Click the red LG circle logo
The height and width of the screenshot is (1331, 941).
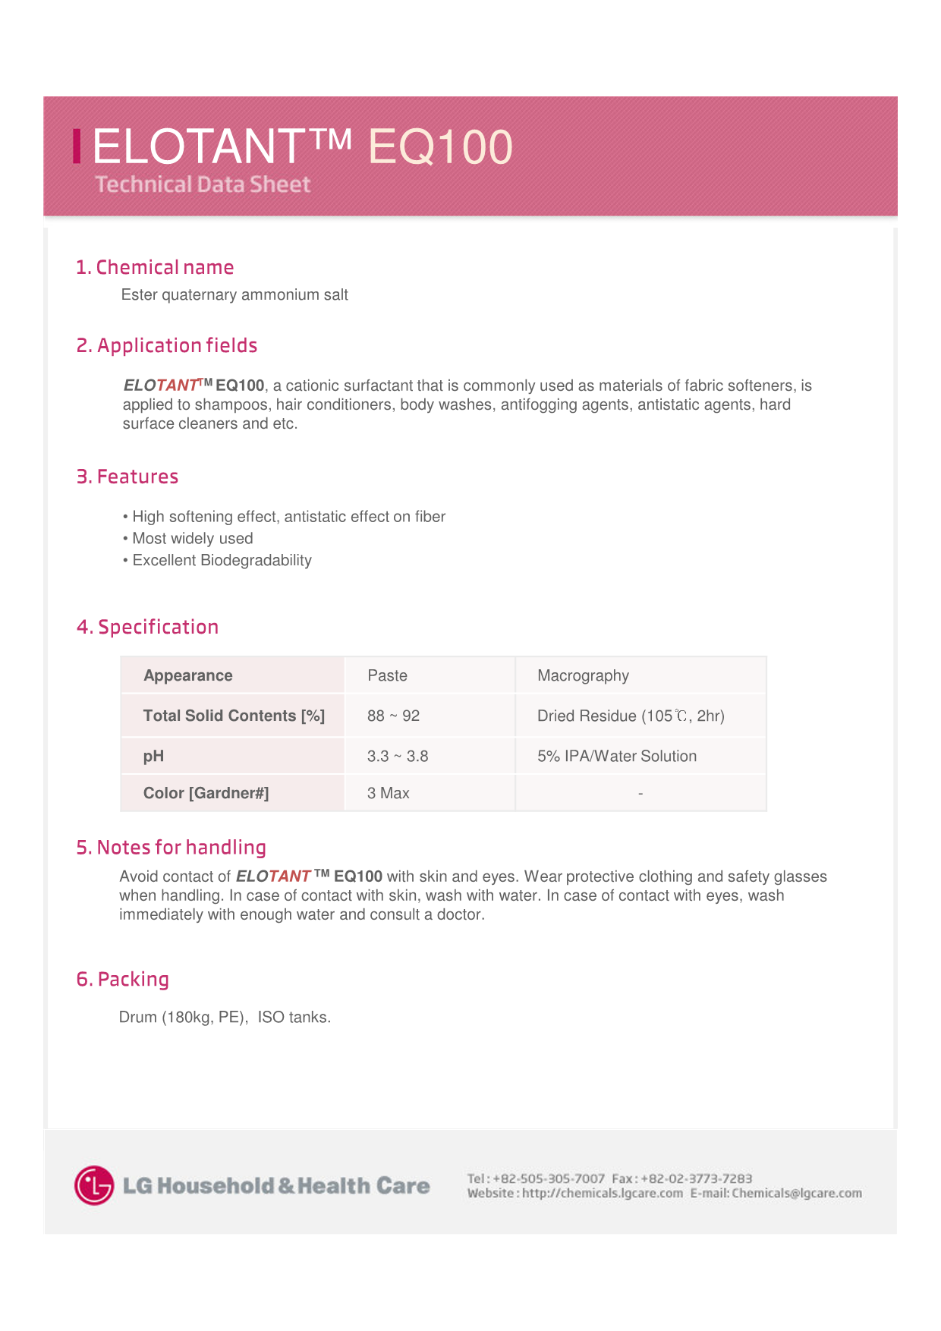tap(94, 1185)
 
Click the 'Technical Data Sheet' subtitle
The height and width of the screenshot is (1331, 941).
tap(203, 184)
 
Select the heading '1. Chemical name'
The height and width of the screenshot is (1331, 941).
tap(155, 267)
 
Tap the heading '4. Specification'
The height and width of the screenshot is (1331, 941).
tap(147, 627)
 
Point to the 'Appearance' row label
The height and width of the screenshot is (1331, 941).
tap(188, 675)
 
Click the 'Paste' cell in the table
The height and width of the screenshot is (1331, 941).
tap(387, 675)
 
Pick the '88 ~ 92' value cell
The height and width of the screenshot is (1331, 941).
tap(393, 716)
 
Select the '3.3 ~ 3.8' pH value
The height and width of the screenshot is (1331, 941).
tap(398, 756)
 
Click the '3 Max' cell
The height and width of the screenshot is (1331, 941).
tap(388, 793)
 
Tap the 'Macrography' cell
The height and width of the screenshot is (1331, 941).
tap(583, 675)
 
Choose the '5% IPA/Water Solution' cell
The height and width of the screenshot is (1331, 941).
tap(617, 756)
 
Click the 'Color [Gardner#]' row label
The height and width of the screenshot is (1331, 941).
tap(206, 793)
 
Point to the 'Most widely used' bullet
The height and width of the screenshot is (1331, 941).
tap(193, 538)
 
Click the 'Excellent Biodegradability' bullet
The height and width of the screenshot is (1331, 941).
tap(222, 560)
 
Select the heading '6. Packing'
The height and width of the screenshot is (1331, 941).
tap(123, 979)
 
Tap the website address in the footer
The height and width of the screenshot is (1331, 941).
tap(602, 1193)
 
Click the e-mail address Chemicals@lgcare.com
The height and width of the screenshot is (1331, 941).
tap(797, 1193)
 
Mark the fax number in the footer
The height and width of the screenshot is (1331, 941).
tap(696, 1178)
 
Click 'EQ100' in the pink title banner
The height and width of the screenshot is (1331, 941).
tap(440, 146)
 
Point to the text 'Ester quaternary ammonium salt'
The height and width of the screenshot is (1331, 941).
tap(234, 294)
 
